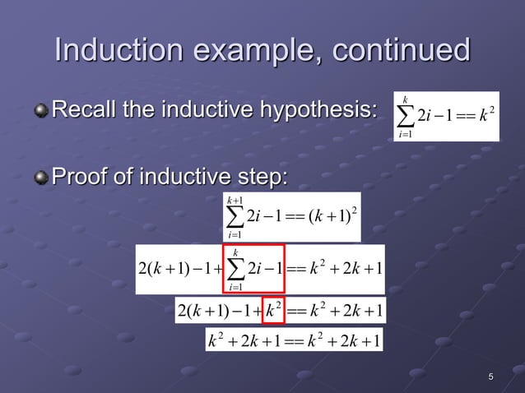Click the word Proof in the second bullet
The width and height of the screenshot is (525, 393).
pyautogui.click(x=81, y=177)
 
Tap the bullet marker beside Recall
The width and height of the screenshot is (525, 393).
pyautogui.click(x=40, y=109)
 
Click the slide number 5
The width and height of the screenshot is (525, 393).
pyautogui.click(x=490, y=377)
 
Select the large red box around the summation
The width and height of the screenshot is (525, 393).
pyautogui.click(x=253, y=269)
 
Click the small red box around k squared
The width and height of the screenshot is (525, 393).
pyautogui.click(x=274, y=310)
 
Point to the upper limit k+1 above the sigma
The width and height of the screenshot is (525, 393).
pyautogui.click(x=235, y=198)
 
